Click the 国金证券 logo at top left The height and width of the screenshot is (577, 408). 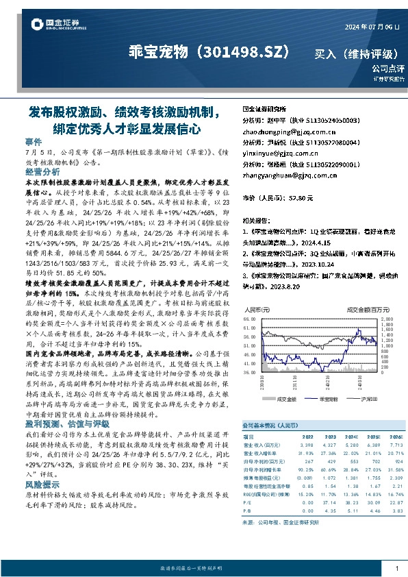tap(51, 26)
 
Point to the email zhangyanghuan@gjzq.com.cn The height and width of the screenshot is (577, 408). tap(288, 175)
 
